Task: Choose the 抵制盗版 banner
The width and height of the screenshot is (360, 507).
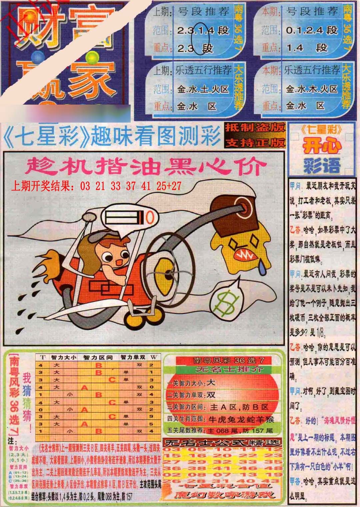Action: point(255,128)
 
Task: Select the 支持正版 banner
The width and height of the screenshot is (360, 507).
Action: point(255,142)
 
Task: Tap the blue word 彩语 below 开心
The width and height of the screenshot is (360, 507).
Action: point(322,165)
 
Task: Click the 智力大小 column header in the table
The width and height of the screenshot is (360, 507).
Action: point(63,357)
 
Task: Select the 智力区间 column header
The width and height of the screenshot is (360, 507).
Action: point(98,357)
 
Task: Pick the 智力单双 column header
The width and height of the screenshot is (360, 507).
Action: point(133,357)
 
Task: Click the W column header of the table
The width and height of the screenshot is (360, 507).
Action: point(153,357)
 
